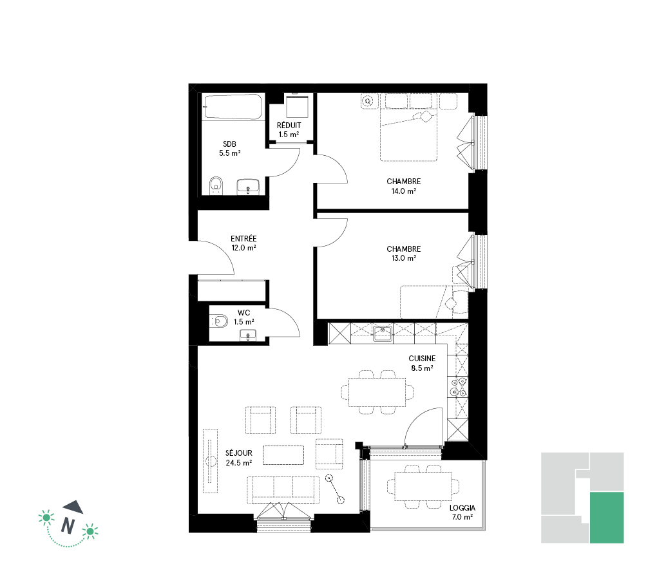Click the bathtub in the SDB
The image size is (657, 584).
tap(233, 107)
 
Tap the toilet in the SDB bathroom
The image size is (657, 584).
tap(216, 185)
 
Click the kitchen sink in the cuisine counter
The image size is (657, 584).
tap(383, 334)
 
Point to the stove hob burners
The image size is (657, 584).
tap(457, 387)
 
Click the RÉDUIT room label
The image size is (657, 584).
tap(289, 126)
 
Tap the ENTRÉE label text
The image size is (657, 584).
tap(243, 238)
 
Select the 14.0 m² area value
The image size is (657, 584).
tap(403, 191)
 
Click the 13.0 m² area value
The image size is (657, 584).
tap(403, 258)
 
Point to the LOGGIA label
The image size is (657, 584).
tap(462, 508)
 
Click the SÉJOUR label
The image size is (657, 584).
tap(239, 453)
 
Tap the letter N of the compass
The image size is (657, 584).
tap(68, 525)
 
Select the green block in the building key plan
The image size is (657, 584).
tap(607, 518)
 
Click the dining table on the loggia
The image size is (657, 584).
tap(423, 486)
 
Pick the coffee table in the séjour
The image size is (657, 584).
tap(283, 455)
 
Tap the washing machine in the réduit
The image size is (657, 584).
tap(297, 106)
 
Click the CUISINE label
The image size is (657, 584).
tap(422, 359)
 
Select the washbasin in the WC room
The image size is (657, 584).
tap(247, 335)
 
